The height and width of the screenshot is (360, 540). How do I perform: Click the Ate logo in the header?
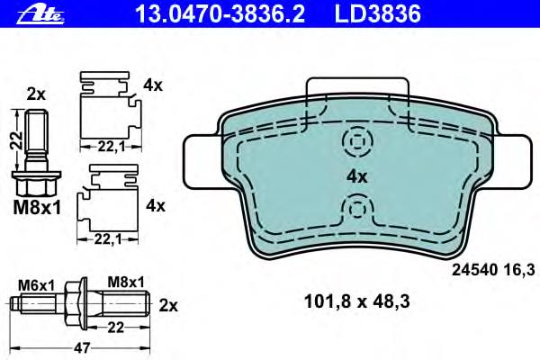pyautogui.click(x=40, y=14)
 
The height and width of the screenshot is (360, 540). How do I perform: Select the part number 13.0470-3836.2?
pyautogui.click(x=220, y=13)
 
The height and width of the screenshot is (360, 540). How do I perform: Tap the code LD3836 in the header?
pyautogui.click(x=377, y=13)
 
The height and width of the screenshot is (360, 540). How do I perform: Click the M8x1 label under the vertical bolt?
pyautogui.click(x=37, y=208)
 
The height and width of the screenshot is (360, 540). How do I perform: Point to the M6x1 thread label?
pyautogui.click(x=37, y=285)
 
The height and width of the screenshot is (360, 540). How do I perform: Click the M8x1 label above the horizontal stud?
pyautogui.click(x=126, y=282)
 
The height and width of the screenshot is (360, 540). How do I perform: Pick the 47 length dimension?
pyautogui.click(x=82, y=347)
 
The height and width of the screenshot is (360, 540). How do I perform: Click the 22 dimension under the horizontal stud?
pyautogui.click(x=115, y=328)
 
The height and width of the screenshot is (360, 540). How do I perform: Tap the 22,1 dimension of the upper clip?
pyautogui.click(x=111, y=147)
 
